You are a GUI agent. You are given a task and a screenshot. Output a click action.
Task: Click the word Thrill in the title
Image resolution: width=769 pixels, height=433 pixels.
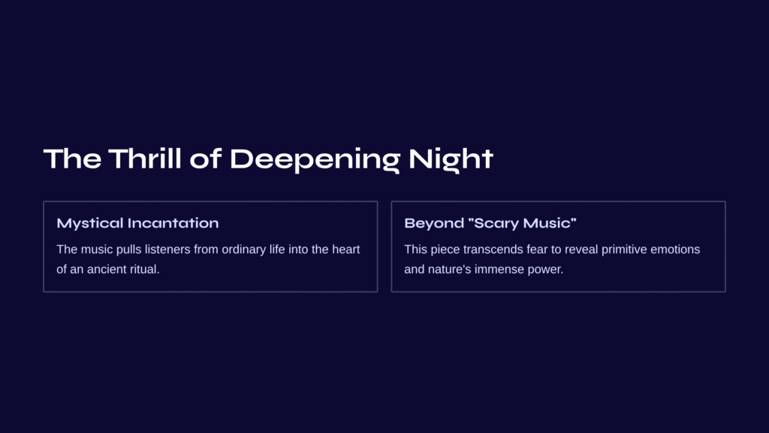145,159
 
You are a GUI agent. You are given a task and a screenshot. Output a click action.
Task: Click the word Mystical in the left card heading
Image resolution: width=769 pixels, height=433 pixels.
90,223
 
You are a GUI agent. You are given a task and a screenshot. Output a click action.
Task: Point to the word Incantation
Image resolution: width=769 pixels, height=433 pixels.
173,223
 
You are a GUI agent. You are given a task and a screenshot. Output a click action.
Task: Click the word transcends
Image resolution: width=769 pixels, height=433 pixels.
493,250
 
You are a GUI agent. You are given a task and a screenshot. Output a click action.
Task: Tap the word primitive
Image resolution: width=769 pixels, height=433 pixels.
624,250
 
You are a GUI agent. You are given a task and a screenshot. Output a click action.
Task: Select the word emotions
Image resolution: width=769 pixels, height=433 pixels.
675,250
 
